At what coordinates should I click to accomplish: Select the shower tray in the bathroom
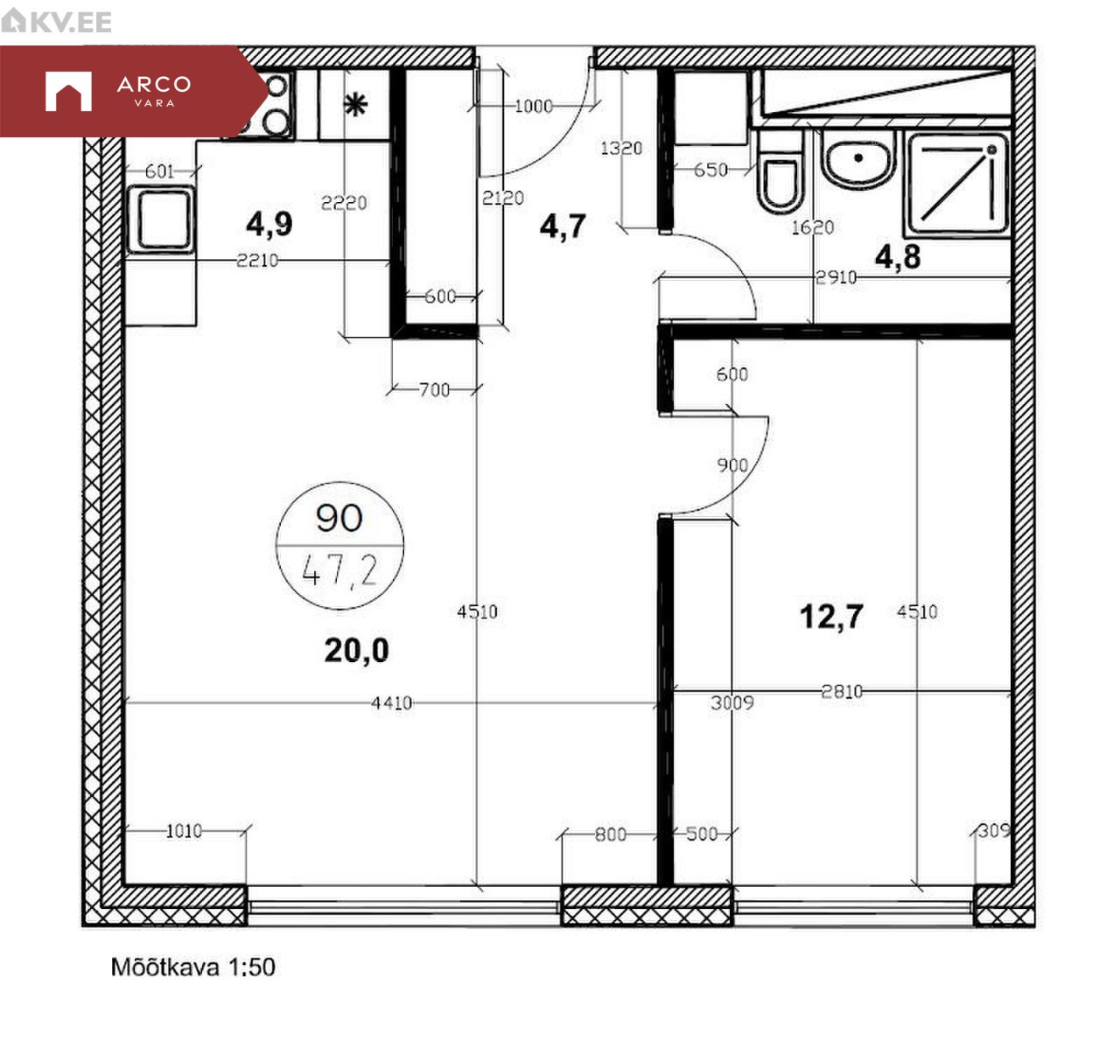(958, 185)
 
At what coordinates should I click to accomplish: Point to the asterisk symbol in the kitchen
(356, 105)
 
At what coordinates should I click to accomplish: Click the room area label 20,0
(356, 650)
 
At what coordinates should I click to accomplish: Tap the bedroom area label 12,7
(832, 617)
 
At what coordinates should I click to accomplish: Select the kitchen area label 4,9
(269, 224)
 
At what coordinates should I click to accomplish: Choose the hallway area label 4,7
(563, 227)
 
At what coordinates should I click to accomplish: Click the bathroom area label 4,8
(898, 257)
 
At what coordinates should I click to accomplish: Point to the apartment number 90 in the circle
(339, 518)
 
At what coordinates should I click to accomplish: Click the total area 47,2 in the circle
(339, 570)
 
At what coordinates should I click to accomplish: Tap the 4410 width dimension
(391, 702)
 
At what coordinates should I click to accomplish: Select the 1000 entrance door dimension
(534, 106)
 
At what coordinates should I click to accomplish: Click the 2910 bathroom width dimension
(836, 277)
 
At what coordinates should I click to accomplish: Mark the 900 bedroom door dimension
(732, 465)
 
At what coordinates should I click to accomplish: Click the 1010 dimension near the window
(184, 831)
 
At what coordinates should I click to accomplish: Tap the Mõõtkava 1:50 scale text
(192, 968)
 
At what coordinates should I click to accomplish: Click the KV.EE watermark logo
(56, 21)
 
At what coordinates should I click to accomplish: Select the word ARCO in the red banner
(154, 85)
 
